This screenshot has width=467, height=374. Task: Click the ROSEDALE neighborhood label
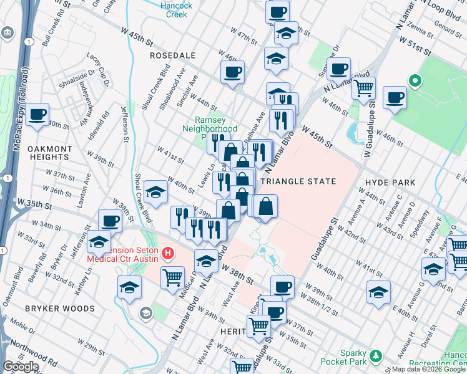[169, 55]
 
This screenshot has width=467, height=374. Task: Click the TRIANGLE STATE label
[298, 181]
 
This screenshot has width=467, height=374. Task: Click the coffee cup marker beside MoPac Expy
[37, 115]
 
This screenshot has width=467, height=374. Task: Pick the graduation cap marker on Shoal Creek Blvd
[155, 193]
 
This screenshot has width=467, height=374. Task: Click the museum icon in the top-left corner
[7, 32]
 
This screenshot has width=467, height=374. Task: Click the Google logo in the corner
[21, 367]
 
